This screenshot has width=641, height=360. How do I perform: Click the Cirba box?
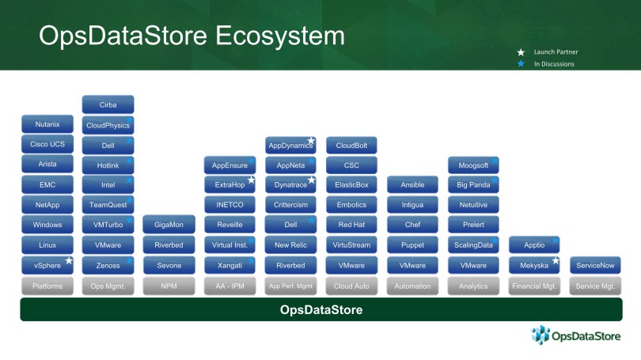click(x=108, y=104)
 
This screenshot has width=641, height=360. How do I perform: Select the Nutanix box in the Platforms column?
click(x=47, y=124)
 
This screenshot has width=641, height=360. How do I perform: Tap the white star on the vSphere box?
click(x=69, y=260)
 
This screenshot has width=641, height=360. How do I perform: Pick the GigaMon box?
click(x=169, y=225)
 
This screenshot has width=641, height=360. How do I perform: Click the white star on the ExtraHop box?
click(x=251, y=180)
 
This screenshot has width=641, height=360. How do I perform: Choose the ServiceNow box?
click(x=595, y=265)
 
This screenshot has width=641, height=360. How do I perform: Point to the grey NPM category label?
click(x=169, y=286)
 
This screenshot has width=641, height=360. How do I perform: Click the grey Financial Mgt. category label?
click(x=534, y=286)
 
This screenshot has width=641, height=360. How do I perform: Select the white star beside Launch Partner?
click(x=521, y=52)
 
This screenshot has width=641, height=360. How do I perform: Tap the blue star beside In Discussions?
click(x=521, y=64)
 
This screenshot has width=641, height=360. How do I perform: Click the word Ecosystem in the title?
click(x=280, y=36)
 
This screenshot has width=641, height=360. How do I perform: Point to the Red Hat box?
click(x=351, y=225)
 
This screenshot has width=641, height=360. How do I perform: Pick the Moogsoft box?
click(x=473, y=165)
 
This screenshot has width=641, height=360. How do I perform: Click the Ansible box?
click(x=412, y=184)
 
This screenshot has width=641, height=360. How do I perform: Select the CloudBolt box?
click(x=351, y=146)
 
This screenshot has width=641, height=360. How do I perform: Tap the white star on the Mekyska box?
click(x=556, y=260)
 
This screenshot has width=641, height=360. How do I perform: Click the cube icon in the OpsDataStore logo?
click(x=540, y=335)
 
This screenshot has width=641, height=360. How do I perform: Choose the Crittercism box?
click(x=290, y=205)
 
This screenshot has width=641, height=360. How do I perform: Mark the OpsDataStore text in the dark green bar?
click(x=321, y=309)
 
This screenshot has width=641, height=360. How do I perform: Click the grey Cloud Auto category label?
click(x=351, y=286)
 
